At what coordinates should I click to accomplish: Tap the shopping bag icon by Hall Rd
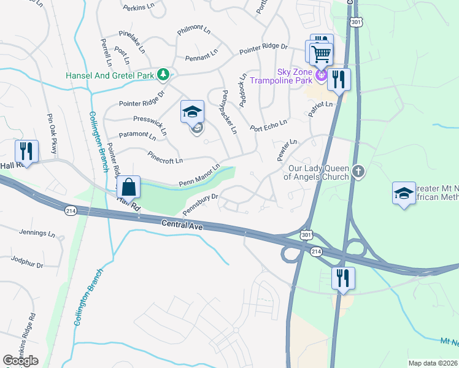pyautogui.click(x=129, y=186)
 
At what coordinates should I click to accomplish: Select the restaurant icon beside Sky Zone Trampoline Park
pyautogui.click(x=338, y=79)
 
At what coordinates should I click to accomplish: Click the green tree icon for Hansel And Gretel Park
pyautogui.click(x=163, y=75)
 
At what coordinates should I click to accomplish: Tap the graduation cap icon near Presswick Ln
pyautogui.click(x=192, y=112)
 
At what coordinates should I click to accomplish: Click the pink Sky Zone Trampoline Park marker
pyautogui.click(x=320, y=76)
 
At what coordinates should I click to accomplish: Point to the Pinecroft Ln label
pyautogui.click(x=164, y=157)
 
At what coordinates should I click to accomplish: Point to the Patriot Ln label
pyautogui.click(x=320, y=109)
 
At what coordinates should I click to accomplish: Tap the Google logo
pyautogui.click(x=20, y=360)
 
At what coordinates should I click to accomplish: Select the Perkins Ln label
pyautogui.click(x=136, y=8)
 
